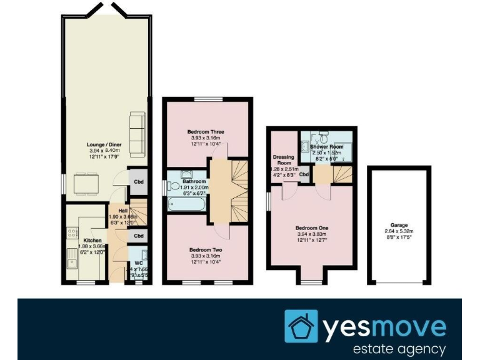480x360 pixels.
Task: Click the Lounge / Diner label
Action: point(104,145)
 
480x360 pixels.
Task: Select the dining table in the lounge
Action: point(84,184)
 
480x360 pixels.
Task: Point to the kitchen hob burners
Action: point(69,231)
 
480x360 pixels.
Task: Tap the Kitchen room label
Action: point(92,239)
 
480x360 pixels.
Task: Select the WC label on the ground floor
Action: point(139,262)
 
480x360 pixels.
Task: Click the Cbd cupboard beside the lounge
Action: point(138,182)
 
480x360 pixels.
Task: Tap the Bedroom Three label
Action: point(206,132)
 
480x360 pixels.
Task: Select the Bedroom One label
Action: point(312,227)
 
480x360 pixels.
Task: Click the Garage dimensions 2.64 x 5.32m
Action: point(399,231)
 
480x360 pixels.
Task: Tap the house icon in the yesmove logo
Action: point(301,326)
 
